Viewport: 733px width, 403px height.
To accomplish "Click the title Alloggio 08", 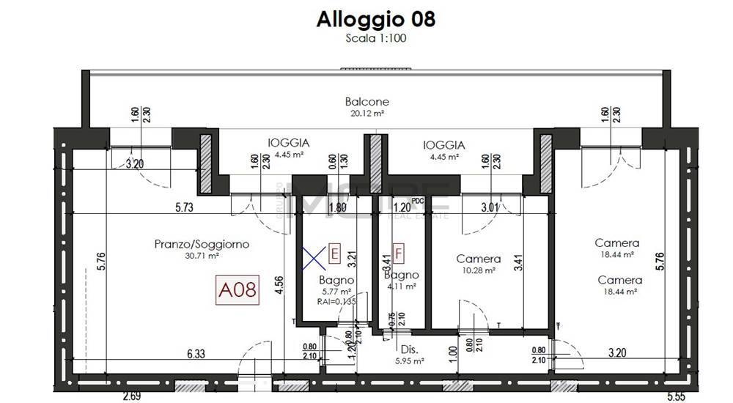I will pos(375,19).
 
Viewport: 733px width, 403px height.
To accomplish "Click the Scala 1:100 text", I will pos(375,39).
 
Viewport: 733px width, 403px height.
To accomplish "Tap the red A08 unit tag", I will pos(238,291).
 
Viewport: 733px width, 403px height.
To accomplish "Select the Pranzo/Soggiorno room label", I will pos(202,244).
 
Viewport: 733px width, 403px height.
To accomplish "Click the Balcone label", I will pos(366,102).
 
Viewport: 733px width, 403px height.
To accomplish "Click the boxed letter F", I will pos(399,254).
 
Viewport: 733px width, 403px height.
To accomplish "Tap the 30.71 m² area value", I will pos(202,256).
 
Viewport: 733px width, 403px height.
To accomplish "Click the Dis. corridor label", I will pos(409,350).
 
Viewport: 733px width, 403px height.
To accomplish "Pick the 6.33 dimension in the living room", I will pos(196,354).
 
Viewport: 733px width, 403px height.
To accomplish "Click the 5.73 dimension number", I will pos(185,208).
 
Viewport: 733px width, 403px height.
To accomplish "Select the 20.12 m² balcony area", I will pos(366,114).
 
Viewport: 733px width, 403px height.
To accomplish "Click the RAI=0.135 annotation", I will pos(336,300).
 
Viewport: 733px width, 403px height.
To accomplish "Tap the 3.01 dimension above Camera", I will pos(490,208).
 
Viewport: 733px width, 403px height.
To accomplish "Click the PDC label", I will pos(419,200).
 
